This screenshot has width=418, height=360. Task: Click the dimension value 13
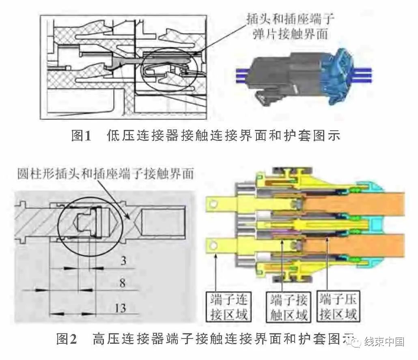pos(121,308)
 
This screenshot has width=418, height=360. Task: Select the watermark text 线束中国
pos(384,342)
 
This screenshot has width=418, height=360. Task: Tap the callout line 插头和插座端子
pos(291,19)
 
